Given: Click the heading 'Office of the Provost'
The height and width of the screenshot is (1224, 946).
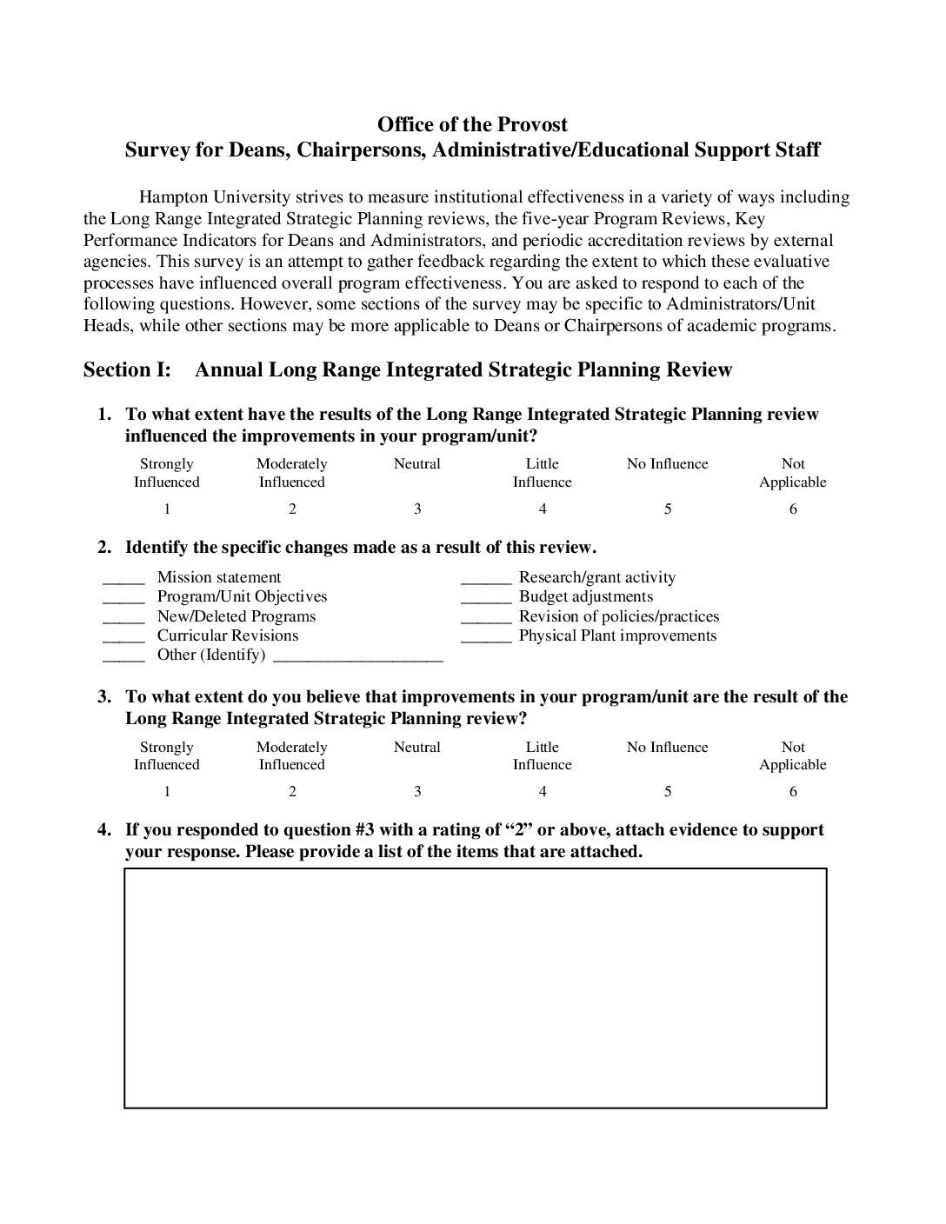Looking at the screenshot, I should tap(472, 124).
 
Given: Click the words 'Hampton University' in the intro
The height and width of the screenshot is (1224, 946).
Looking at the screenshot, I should tap(207, 197).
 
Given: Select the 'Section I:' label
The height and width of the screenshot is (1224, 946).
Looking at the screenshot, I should tap(127, 370).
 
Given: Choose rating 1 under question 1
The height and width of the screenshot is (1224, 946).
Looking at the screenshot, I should tap(167, 509).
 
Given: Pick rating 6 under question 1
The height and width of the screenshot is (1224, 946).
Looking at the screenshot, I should tap(793, 509).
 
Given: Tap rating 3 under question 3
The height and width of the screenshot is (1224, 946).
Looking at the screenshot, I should tap(417, 792).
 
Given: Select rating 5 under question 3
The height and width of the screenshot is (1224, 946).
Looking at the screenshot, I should tap(668, 792).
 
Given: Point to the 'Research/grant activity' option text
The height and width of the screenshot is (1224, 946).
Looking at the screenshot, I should tap(596, 577).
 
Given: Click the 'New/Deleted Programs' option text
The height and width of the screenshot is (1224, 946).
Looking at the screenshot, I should tap(236, 616).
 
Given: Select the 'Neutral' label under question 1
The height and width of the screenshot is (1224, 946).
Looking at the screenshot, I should tap(417, 464).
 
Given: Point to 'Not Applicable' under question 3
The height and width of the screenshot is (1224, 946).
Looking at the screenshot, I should tap(793, 756).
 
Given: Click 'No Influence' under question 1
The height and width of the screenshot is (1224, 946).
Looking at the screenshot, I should tap(668, 464).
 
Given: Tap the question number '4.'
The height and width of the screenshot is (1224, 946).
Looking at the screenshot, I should tap(104, 830).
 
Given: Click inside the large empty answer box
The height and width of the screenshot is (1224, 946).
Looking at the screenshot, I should tap(475, 988).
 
